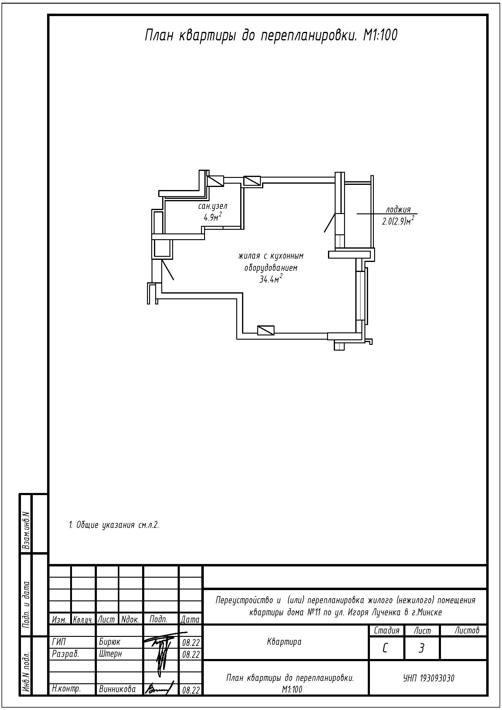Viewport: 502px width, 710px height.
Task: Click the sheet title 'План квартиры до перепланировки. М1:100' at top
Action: click(x=271, y=36)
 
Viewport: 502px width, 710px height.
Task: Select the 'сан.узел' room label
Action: click(x=213, y=206)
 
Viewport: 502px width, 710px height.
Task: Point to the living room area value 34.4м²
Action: click(x=271, y=279)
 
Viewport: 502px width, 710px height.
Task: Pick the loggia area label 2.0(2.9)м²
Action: click(x=398, y=221)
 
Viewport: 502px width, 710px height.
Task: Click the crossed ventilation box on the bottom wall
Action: click(x=266, y=330)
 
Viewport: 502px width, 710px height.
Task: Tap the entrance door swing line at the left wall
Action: click(x=167, y=270)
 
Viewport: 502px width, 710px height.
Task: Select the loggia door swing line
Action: click(x=330, y=223)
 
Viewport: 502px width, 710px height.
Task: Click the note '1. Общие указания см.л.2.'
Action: click(x=114, y=525)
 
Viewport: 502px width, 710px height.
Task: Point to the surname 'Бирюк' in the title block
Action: click(x=110, y=642)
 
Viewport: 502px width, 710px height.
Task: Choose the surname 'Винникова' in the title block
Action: click(x=118, y=689)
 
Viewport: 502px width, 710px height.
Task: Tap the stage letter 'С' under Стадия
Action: click(x=385, y=648)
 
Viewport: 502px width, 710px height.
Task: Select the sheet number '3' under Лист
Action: click(x=421, y=648)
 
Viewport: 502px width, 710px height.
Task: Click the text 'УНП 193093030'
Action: click(x=429, y=678)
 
